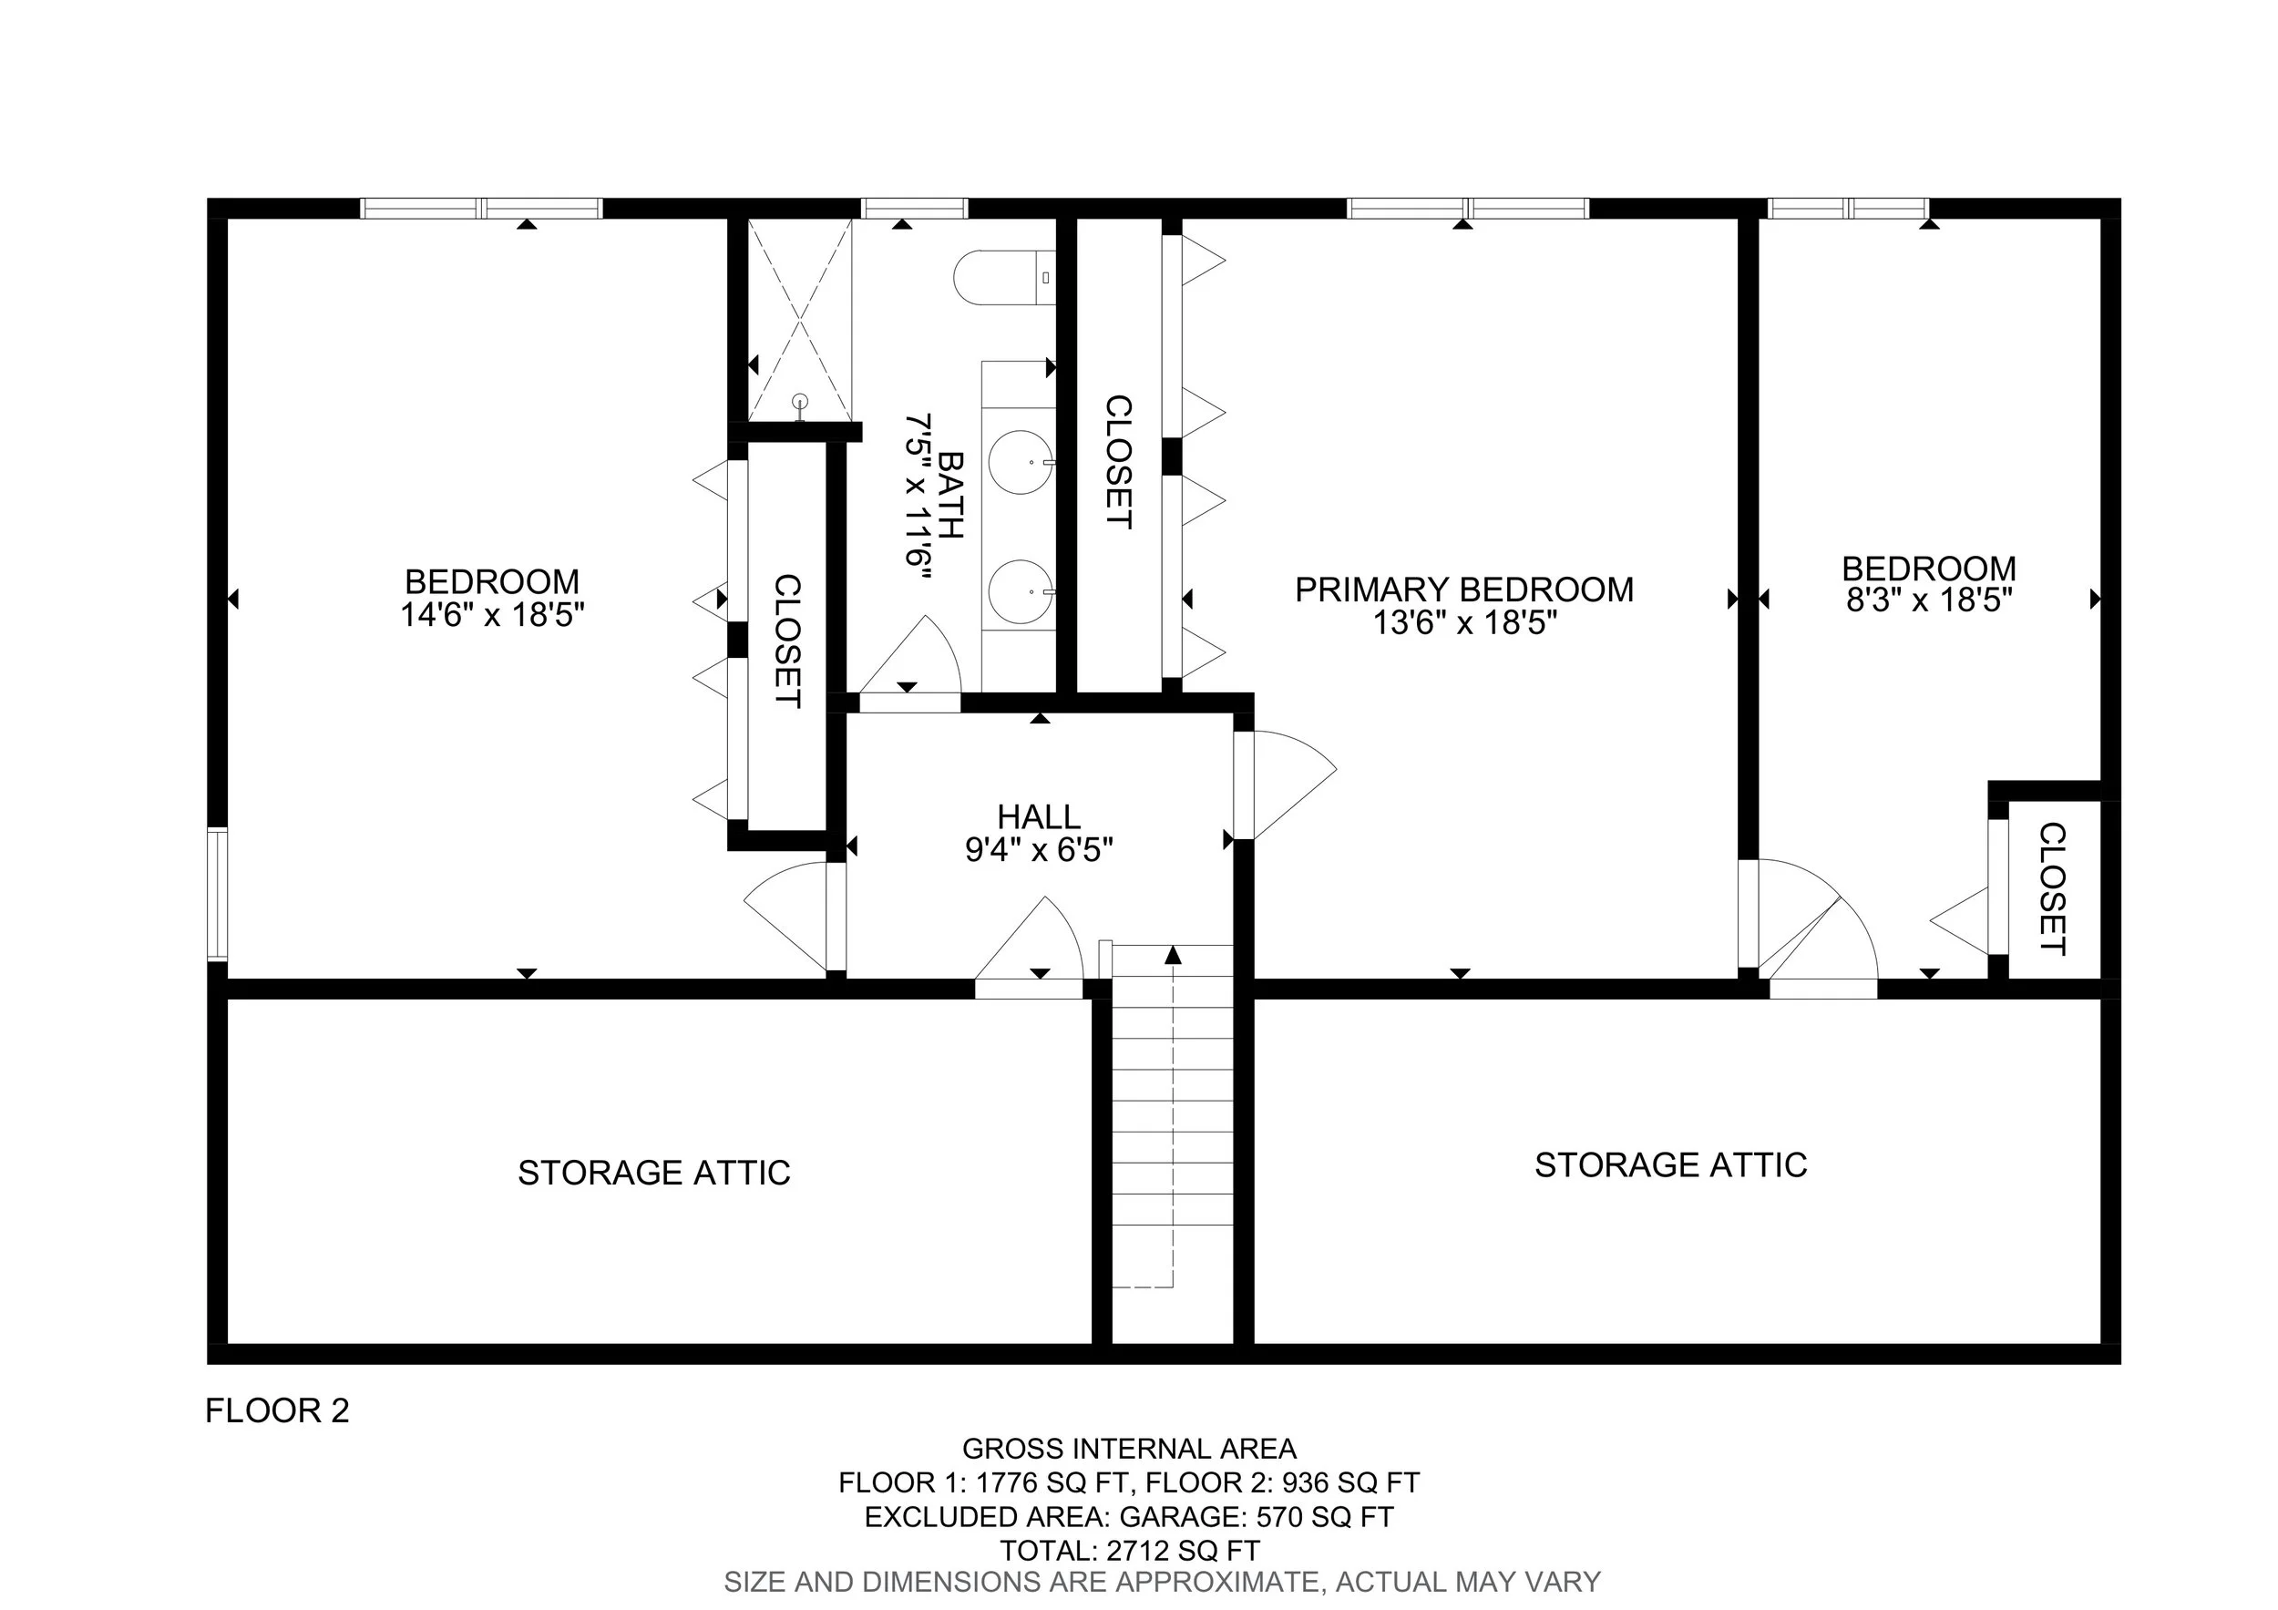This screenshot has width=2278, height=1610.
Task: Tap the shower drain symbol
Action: click(x=801, y=402)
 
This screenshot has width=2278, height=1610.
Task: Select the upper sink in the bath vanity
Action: click(x=1020, y=462)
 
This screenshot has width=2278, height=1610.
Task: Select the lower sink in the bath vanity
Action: click(x=1020, y=592)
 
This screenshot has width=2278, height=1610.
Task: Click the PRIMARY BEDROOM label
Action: click(x=1463, y=590)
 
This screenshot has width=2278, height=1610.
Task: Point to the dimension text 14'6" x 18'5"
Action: click(x=492, y=615)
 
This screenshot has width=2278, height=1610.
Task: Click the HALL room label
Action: click(x=1039, y=816)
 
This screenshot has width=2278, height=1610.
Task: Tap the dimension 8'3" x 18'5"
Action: click(x=1928, y=600)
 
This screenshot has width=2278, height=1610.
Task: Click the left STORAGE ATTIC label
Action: click(x=654, y=1173)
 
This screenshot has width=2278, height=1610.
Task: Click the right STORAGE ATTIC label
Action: click(x=1671, y=1164)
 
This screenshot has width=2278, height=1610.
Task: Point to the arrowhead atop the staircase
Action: click(x=1173, y=954)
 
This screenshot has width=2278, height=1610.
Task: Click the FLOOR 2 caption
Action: click(x=277, y=1410)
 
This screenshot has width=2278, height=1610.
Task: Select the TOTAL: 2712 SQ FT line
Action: click(x=1129, y=1551)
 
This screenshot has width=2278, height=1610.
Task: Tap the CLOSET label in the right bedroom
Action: click(x=2052, y=888)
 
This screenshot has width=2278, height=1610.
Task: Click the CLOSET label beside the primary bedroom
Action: click(x=1118, y=462)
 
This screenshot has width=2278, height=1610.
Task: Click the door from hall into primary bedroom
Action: click(x=1290, y=784)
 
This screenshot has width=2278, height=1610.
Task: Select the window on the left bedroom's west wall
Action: click(x=216, y=894)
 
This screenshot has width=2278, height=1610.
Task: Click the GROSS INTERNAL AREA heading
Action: click(x=1129, y=1450)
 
